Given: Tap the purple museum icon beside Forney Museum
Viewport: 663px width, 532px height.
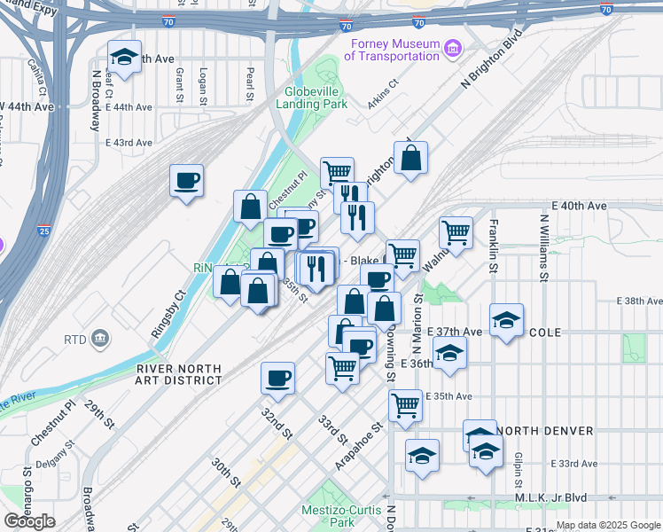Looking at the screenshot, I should (x=453, y=45).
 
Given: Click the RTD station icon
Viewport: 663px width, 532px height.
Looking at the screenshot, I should (x=100, y=338).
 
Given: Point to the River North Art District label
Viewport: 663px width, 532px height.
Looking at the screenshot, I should (x=179, y=374).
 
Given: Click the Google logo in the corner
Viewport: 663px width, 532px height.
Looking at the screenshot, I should (x=29, y=521).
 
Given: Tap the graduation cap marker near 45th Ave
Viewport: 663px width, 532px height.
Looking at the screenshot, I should (x=124, y=58).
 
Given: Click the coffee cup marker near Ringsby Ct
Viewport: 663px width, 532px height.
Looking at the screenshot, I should (x=187, y=181).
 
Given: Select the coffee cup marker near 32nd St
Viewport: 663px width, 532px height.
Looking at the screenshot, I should (x=277, y=379).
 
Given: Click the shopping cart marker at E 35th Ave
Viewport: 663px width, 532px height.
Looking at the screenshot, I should (x=405, y=405).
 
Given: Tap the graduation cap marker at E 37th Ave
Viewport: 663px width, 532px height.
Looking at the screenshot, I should (x=506, y=320).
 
